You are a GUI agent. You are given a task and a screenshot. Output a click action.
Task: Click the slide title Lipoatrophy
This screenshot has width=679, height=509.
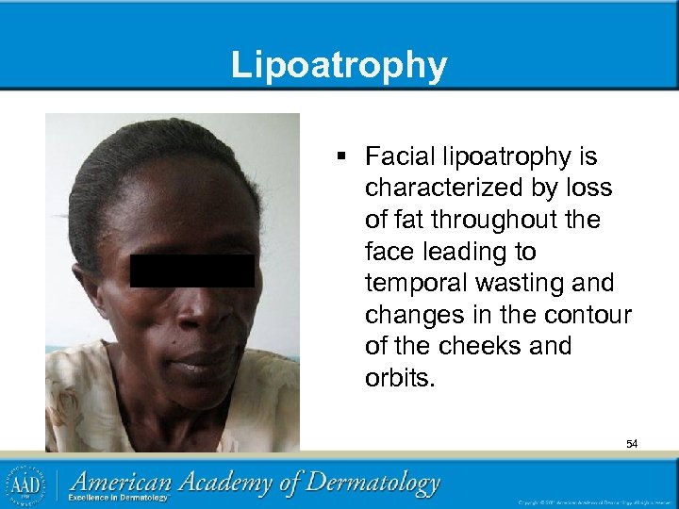(x=339, y=65)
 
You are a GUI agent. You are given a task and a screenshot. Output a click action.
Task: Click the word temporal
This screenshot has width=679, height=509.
(x=411, y=283)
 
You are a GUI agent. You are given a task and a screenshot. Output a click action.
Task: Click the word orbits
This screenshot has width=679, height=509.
(x=397, y=377)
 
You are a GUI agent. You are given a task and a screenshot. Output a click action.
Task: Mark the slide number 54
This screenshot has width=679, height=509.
(x=631, y=443)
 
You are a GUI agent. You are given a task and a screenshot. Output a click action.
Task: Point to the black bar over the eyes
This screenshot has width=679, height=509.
(x=191, y=271)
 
